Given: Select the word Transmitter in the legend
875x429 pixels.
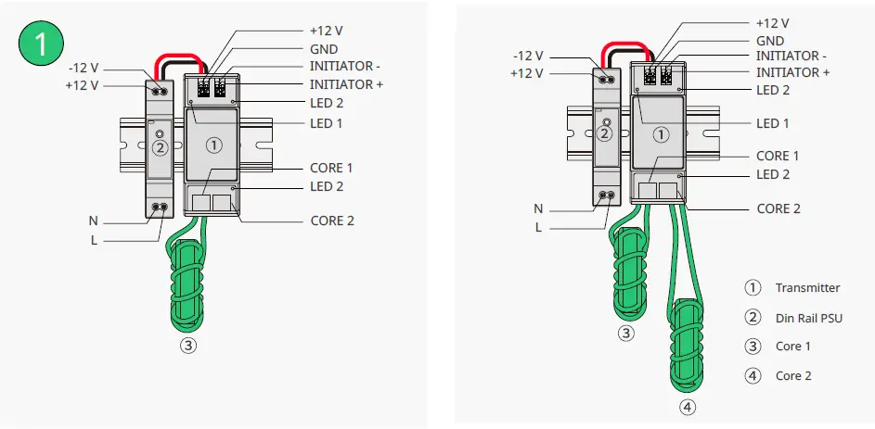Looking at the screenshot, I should click(807, 288).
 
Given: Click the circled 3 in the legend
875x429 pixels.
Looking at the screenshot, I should click(753, 347).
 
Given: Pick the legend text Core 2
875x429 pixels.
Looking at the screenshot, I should click(793, 376).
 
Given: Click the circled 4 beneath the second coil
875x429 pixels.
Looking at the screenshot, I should click(687, 406).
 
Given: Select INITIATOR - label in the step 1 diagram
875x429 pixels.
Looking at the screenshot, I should click(344, 67).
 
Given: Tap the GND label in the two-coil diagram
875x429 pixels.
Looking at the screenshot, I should click(770, 41).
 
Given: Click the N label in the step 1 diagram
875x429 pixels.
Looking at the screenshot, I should click(93, 221).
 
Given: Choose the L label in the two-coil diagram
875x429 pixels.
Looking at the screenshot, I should click(538, 227).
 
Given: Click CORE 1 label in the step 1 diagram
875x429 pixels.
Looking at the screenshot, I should click(331, 169).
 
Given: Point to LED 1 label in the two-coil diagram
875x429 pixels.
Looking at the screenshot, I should click(772, 123).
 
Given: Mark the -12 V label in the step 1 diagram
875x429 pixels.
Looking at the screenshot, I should click(84, 68).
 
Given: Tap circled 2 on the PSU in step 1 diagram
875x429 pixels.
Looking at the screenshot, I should click(160, 146).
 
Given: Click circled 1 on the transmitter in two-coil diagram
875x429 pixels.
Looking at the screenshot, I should click(661, 133).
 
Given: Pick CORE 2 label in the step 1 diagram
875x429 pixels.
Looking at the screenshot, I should click(331, 221).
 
